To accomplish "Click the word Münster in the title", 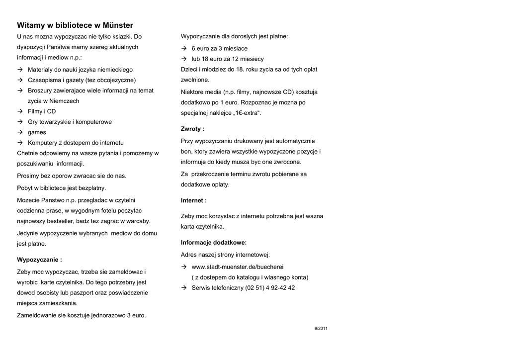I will point(117,25).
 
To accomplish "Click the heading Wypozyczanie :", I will point(39,260).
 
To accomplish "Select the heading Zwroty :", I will point(192,129).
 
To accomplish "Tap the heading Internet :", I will point(193,200).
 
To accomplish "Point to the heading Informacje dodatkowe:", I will point(214,243).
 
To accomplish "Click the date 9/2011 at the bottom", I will point(321,329).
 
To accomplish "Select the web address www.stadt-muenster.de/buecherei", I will point(238,267).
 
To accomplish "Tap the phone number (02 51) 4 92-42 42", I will point(270,288).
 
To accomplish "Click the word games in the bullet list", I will point(37,132).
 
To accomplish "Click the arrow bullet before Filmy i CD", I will point(20,111).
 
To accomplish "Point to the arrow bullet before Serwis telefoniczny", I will point(184,288).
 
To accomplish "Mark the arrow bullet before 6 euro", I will point(184,49).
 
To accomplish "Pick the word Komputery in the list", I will point(43,143).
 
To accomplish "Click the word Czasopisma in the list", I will point(44,80).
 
